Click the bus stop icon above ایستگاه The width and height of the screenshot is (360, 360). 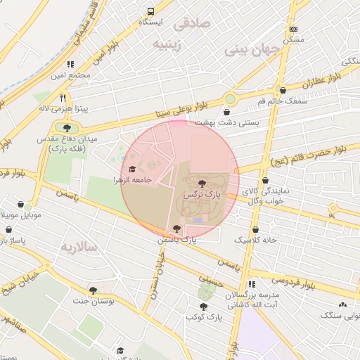tap(150, 12)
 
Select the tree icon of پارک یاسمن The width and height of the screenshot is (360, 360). tap(176, 229)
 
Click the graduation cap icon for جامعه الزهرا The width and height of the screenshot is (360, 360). tap(132, 169)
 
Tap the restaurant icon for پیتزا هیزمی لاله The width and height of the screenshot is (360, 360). tap(63, 98)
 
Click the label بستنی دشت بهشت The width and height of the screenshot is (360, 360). tap(227, 122)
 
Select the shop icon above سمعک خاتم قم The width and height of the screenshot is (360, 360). tap(283, 91)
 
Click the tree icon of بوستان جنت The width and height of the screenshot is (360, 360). tap(92, 290)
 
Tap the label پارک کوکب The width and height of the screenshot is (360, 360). tap(204, 317)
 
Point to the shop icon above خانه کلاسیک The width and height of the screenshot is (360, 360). tap(255, 229)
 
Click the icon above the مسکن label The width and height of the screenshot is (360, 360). tap(293, 29)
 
